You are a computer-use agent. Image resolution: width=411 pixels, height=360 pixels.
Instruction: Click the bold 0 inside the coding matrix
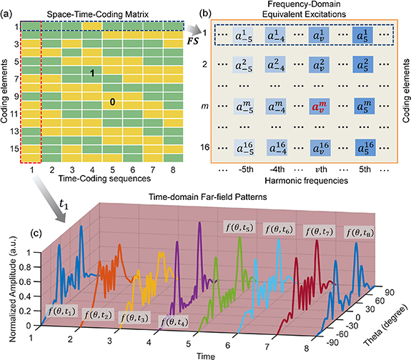pyautogui.click(x=112, y=101)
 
